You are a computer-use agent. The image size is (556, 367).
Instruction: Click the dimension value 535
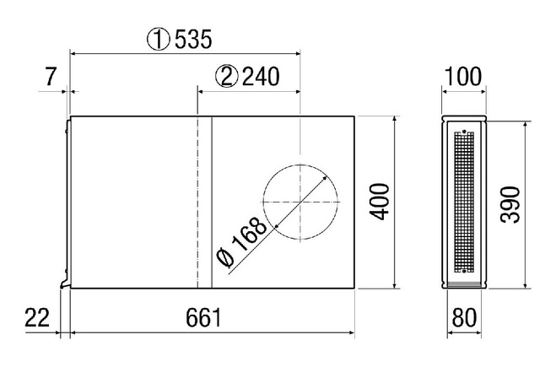[193, 39]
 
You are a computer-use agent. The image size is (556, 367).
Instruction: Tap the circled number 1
[158, 39]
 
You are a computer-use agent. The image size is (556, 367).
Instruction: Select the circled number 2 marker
[227, 77]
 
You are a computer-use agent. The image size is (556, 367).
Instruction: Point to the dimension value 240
[261, 77]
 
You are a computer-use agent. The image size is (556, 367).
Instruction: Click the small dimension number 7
[51, 77]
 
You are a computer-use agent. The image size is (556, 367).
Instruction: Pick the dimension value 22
[37, 317]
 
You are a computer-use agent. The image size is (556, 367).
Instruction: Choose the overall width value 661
[203, 317]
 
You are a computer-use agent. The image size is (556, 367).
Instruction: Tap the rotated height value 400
[380, 202]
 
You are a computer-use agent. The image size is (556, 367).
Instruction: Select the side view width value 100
[462, 77]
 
